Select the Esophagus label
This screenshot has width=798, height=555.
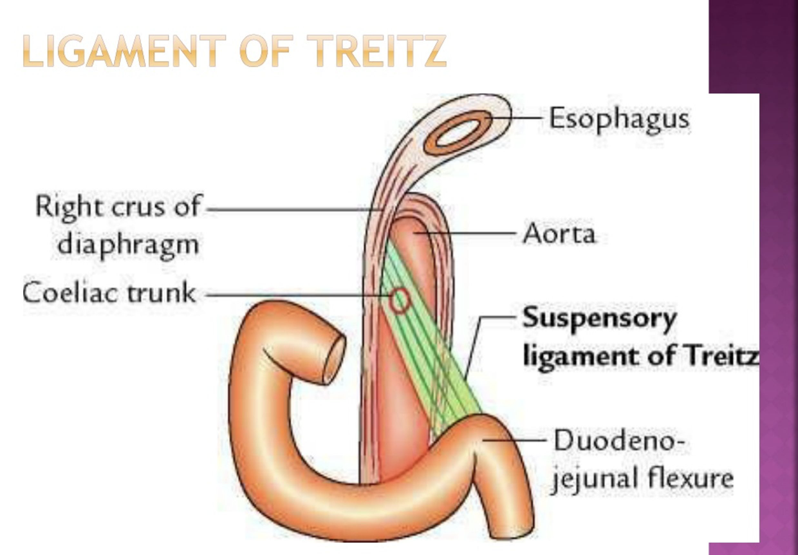click(618, 119)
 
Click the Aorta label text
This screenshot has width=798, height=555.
click(559, 234)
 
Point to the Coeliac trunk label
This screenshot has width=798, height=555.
click(109, 293)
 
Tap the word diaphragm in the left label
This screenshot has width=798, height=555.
click(128, 245)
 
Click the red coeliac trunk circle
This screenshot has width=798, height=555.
click(400, 299)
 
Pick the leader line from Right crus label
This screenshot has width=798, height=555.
click(290, 209)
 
